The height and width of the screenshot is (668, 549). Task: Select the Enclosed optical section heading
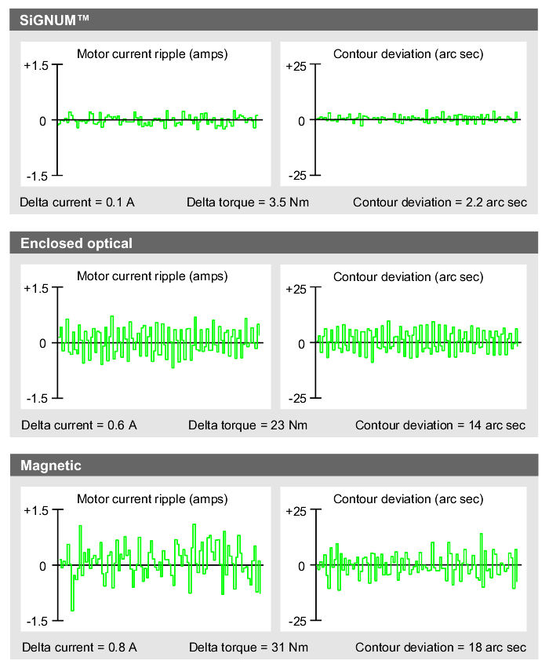coord(76,243)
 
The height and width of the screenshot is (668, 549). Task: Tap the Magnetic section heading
coord(50,465)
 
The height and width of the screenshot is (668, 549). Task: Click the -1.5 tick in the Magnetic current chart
coord(38,621)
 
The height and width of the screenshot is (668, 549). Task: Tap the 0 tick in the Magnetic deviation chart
coord(301,566)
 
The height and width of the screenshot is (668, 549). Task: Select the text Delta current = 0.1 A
coord(78,203)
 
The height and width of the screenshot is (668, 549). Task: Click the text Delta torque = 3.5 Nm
coord(248,203)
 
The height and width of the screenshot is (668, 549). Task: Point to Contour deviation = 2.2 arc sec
coord(439,203)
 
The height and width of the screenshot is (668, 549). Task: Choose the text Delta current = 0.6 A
coord(78,425)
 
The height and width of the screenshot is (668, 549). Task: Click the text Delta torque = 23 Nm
coord(248,425)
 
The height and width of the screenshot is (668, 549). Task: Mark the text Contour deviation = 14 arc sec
coord(440,425)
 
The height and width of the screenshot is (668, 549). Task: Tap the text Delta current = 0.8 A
coord(78,648)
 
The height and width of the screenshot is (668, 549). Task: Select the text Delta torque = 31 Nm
coord(248,648)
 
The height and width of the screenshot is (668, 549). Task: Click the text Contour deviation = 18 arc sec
coord(440,648)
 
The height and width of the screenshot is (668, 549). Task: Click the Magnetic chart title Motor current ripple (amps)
coord(152,499)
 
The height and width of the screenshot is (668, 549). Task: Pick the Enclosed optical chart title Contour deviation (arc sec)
coord(408,277)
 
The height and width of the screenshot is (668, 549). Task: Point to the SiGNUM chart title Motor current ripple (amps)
coord(152,54)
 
